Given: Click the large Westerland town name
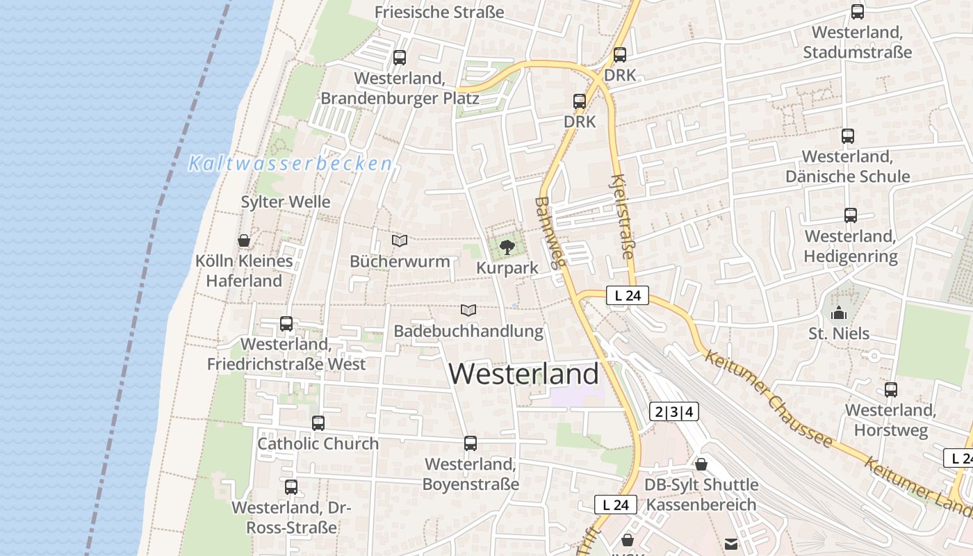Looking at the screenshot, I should coord(523,374).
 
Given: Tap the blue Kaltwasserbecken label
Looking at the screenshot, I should coord(291,164).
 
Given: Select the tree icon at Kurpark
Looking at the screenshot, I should coord(507,247).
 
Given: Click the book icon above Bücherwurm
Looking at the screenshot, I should coord(400,241).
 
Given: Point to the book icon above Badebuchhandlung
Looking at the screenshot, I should coord(469,310).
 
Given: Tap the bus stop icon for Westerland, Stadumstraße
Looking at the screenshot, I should coord(858,12).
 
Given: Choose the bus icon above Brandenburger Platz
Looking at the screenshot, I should coord(400,58).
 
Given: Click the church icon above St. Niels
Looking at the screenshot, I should coord(839,313).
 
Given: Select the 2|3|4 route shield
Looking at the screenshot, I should coord(674,411).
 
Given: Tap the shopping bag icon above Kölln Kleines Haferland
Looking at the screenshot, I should coord(244,240).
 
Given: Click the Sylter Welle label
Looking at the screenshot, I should coord(286,202).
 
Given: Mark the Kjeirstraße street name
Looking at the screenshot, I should coord(622,217).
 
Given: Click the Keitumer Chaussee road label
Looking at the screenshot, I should coord(768,398).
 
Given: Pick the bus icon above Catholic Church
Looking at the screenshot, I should coord(318,423).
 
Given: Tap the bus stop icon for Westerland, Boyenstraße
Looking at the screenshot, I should coord(471,443).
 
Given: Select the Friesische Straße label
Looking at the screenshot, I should coord(439,12).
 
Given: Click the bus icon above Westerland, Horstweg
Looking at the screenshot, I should coord(891,390).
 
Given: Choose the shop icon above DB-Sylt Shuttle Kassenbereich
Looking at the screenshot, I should coord(701,464).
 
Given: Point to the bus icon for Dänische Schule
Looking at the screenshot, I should coord(848,136).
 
